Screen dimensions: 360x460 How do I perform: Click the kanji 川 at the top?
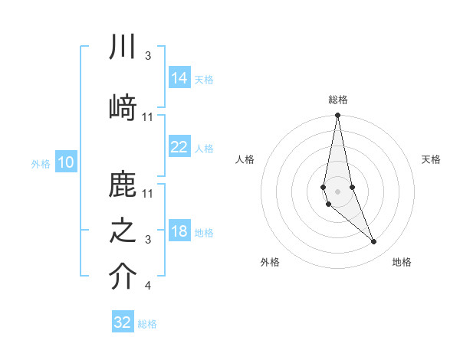coord(123,47)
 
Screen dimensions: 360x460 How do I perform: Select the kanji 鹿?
coord(123,186)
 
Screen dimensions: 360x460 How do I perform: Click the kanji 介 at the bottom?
coord(123,277)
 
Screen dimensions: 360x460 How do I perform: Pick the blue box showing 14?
coord(179,78)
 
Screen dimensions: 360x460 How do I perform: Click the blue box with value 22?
coord(179,147)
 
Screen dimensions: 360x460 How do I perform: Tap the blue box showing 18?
coord(179,232)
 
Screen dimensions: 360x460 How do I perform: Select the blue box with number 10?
coord(65,162)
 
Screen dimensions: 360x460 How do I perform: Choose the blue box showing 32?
coord(123,322)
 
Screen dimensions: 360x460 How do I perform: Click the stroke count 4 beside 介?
coord(147,286)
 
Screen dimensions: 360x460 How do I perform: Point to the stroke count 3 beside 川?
coord(147,56)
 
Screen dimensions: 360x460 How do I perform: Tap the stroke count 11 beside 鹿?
coord(148,192)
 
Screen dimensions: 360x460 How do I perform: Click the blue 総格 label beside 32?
coord(147,324)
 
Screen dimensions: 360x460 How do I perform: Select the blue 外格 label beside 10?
coord(41,164)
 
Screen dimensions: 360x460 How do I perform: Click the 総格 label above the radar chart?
coord(338,100)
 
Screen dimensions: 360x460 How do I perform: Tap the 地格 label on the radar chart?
coord(402,262)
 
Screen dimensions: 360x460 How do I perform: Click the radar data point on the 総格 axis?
coord(337,116)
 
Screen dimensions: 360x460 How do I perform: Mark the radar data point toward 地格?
coord(374,242)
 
